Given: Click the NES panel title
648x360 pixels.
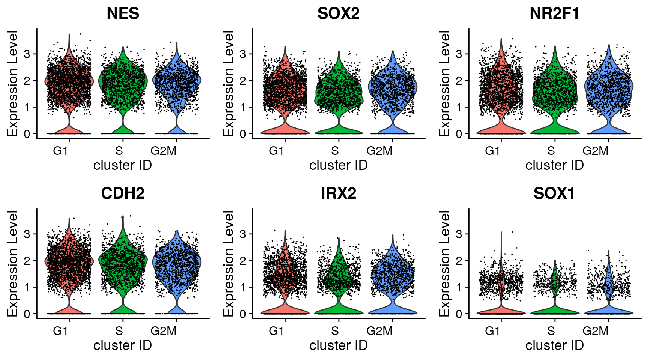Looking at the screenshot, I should (123, 14).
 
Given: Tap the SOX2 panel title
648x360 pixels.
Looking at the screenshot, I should (338, 14).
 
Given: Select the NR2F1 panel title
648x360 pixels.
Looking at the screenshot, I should (554, 14).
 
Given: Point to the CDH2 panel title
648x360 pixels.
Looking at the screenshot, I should (123, 194).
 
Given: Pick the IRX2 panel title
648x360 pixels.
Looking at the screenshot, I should (338, 194).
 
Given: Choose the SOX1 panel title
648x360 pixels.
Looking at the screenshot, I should (554, 194).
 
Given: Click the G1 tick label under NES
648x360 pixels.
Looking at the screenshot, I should (60, 151).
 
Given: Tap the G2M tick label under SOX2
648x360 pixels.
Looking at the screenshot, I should (379, 151).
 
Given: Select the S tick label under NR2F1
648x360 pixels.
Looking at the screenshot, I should (551, 151).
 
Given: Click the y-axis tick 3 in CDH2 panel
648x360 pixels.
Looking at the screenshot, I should (27, 234).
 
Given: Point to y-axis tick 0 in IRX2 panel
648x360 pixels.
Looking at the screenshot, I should (243, 314).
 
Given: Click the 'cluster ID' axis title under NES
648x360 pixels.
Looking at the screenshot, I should (123, 165).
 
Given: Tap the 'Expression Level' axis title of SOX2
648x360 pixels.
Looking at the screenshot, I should (228, 83).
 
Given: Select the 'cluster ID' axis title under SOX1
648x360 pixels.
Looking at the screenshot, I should (554, 345).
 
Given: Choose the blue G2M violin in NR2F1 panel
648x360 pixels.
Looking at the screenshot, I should (608, 86).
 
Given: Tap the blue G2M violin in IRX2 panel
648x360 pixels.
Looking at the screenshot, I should (393, 274).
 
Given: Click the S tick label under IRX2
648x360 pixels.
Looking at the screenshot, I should (335, 331).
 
